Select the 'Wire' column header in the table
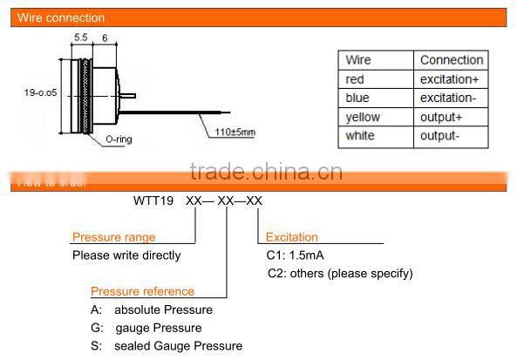358,60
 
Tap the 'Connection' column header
451,60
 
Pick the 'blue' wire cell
357,98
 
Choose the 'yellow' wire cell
363,118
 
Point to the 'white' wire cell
360,137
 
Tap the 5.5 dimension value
81,37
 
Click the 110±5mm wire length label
236,132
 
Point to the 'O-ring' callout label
119,139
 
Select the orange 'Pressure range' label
114,237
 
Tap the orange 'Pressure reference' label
142,291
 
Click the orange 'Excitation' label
291,237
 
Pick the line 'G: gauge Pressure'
146,328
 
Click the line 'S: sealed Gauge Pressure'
166,346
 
